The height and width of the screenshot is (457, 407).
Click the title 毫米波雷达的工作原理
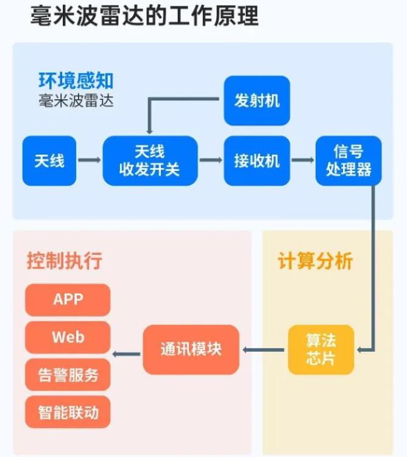144,16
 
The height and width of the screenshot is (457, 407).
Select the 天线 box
49,161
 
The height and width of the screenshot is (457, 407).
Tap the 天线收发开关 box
150,161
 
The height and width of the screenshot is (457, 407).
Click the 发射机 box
257,100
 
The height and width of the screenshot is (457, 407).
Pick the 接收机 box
257,161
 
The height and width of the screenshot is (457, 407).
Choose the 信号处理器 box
349,161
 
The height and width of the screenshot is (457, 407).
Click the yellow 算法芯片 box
320,350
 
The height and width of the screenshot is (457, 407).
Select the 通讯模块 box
191,350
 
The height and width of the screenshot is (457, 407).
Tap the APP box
68,299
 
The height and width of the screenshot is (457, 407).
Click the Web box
68,337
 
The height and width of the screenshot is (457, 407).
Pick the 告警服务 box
68,375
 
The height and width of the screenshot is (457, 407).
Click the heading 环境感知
76,81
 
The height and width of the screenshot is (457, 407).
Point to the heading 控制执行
64,261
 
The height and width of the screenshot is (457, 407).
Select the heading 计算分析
315,261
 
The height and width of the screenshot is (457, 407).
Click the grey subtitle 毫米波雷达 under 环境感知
76,100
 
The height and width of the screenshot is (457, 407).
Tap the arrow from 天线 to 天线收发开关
90,161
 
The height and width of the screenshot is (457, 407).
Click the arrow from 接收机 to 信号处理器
302,161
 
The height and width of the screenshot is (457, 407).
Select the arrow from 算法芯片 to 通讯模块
264,350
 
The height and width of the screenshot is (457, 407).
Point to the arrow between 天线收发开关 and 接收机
211,161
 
